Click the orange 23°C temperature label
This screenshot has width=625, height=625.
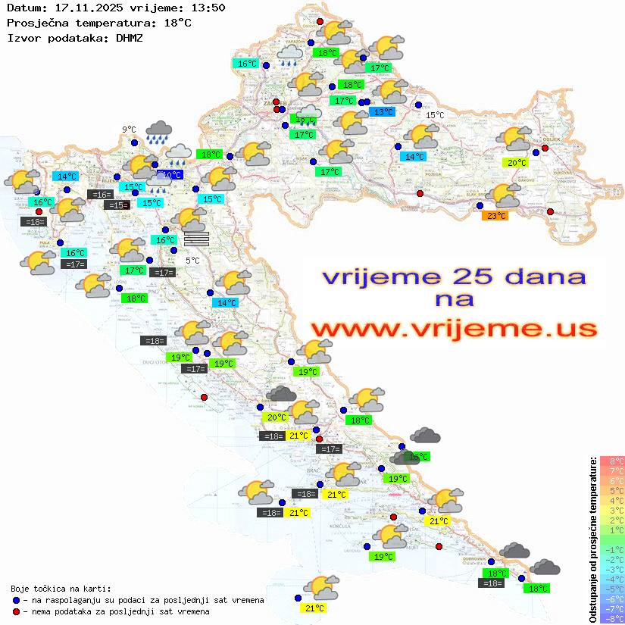495,215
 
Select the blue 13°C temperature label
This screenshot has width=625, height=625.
382,112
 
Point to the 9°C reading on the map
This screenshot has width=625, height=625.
129,130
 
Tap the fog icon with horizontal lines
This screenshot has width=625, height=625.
196,239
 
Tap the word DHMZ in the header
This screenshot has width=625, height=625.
130,37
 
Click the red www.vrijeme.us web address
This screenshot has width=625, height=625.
454,329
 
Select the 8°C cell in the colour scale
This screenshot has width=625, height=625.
612,461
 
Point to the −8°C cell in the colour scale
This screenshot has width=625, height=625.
612,618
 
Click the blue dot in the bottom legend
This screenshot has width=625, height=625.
16,600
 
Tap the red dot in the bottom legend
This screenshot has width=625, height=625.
16,611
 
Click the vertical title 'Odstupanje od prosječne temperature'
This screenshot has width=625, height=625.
592,539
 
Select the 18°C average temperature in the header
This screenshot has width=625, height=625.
177,23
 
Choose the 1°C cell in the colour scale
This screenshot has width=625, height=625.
612,530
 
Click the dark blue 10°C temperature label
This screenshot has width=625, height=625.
172,175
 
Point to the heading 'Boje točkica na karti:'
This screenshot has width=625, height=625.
61,588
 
